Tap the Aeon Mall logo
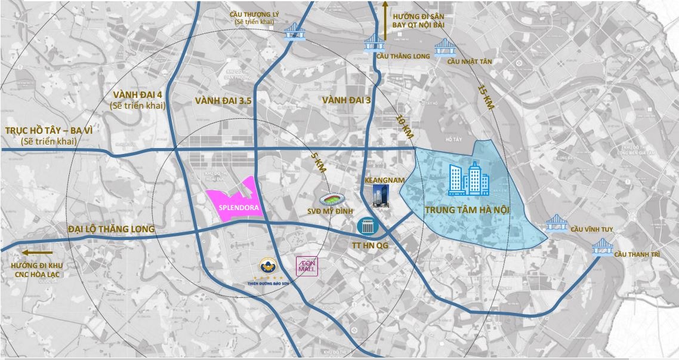pyautogui.click(x=308, y=266)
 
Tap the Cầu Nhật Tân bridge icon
pyautogui.click(x=444, y=46)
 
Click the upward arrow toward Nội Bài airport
pyautogui.click(x=385, y=24)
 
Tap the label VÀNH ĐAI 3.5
pyautogui.click(x=223, y=101)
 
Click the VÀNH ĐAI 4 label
pyautogui.click(x=138, y=95)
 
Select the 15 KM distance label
pyautogui.click(x=486, y=97)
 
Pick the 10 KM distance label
pyautogui.click(x=405, y=124)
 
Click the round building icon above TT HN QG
pyautogui.click(x=365, y=226)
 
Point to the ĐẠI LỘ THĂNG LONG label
pyautogui.click(x=111, y=229)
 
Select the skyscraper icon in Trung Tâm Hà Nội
pyautogui.click(x=468, y=179)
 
